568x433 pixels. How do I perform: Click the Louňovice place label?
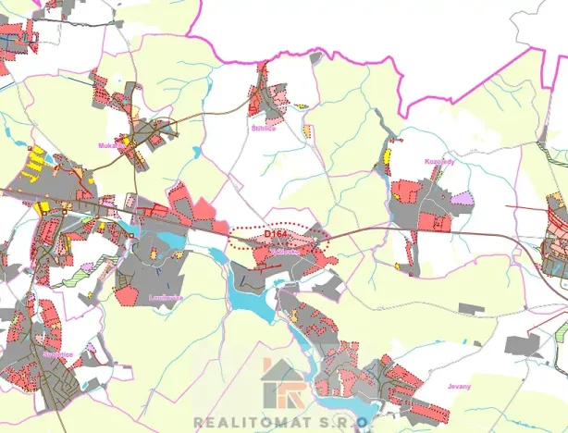(166, 297)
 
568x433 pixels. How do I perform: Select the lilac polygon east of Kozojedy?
(462, 199)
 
